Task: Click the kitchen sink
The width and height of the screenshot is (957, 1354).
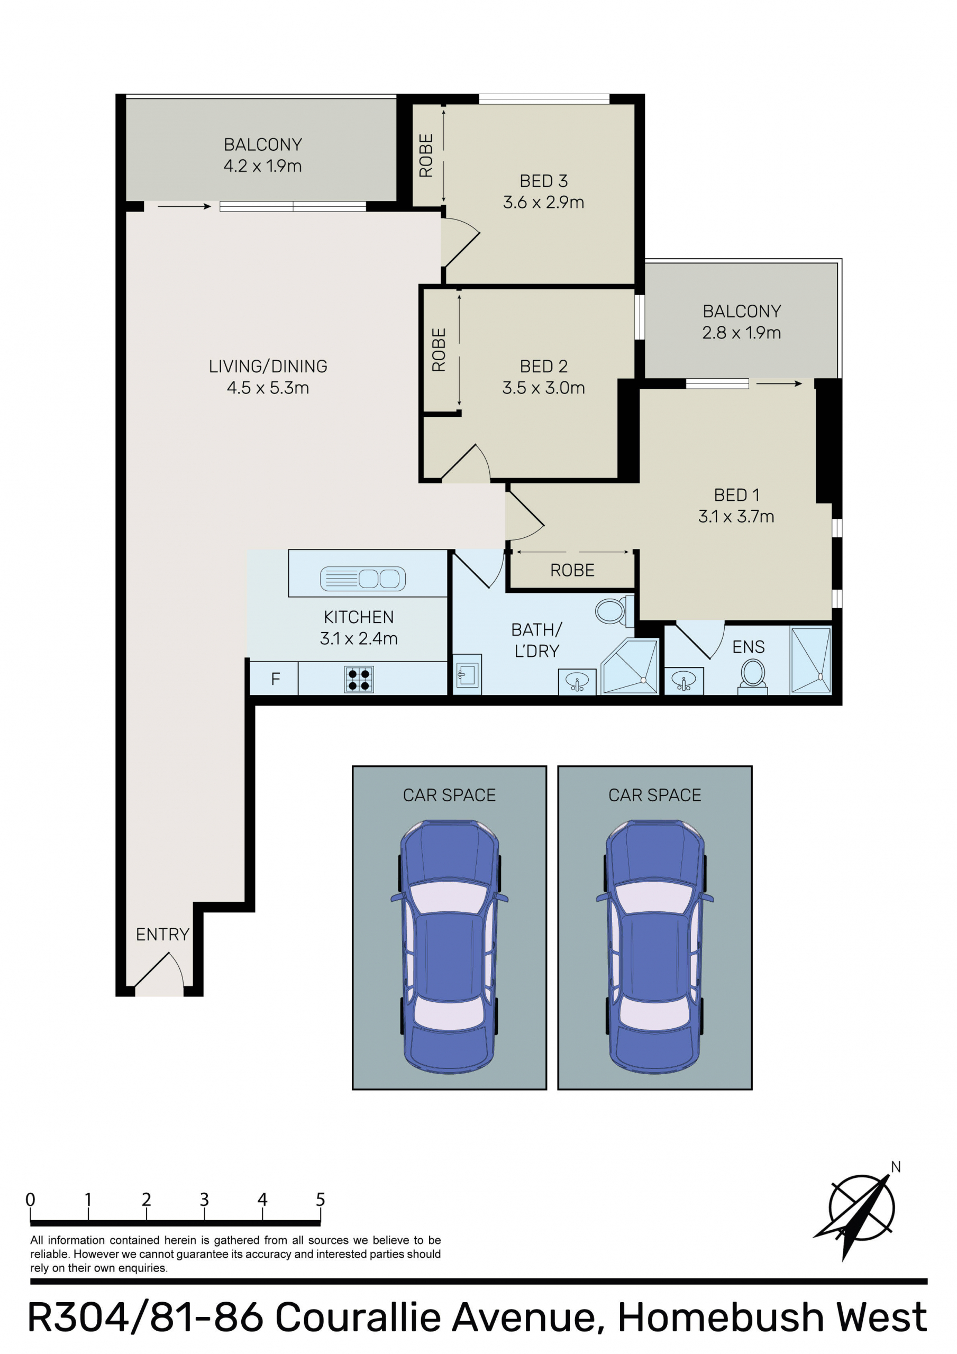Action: pyautogui.click(x=362, y=579)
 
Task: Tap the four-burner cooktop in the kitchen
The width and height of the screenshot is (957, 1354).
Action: pyautogui.click(x=359, y=679)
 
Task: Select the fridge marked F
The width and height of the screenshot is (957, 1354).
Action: pyautogui.click(x=275, y=679)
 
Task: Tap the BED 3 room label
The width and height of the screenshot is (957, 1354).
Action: pyautogui.click(x=543, y=180)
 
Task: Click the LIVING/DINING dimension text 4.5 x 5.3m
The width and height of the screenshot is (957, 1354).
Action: pyautogui.click(x=268, y=388)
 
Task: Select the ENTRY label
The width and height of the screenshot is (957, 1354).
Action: pyautogui.click(x=162, y=934)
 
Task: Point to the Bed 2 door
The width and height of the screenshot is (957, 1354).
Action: pyautogui.click(x=466, y=462)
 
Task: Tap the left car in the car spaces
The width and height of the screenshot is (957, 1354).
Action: pyautogui.click(x=449, y=947)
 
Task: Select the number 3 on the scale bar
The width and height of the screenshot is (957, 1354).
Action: pyautogui.click(x=204, y=1200)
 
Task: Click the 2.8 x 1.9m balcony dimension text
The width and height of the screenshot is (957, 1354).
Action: pyautogui.click(x=741, y=333)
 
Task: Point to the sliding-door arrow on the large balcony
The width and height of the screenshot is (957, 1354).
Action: pyautogui.click(x=184, y=206)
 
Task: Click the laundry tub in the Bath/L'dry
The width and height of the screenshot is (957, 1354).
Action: pyautogui.click(x=467, y=675)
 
